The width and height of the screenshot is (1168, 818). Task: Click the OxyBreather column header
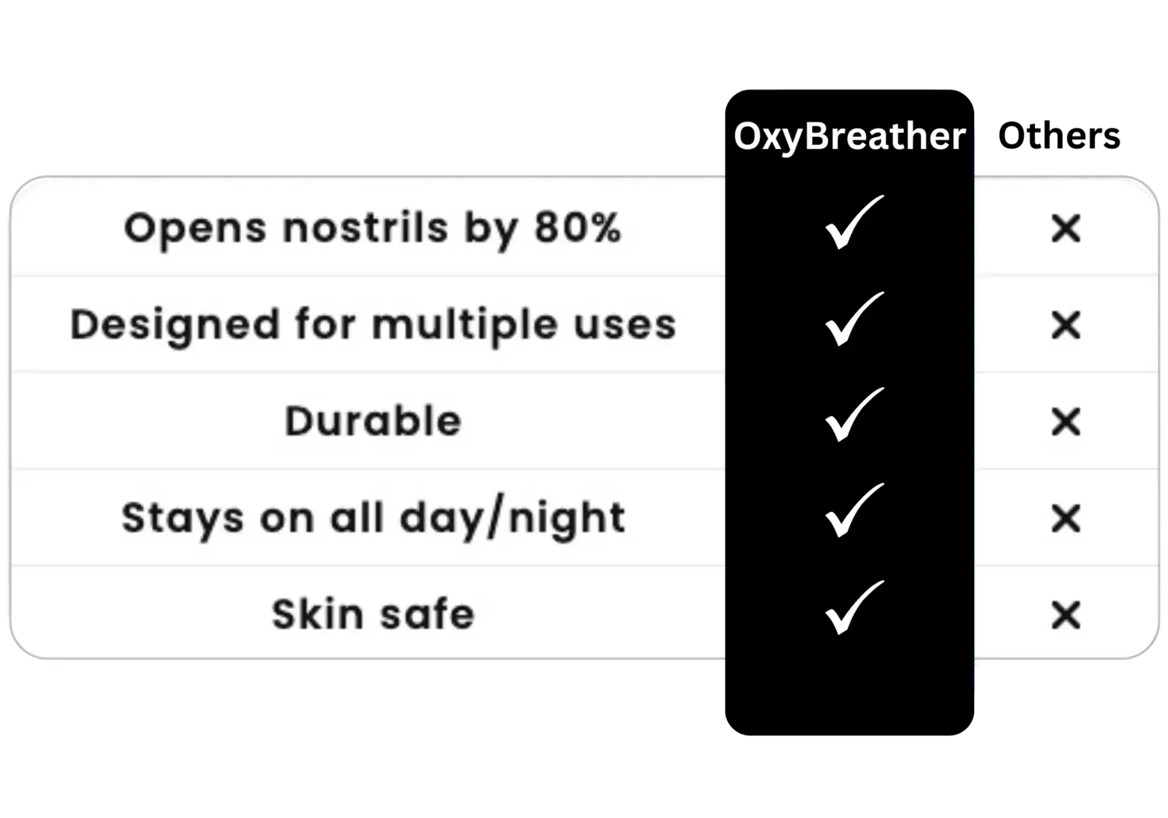[x=850, y=136]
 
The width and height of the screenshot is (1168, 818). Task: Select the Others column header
[x=1059, y=136]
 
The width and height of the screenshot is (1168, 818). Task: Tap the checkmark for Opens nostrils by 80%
[x=853, y=223]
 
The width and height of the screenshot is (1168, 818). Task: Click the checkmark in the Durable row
[x=853, y=415]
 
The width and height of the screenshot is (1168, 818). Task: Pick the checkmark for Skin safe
[x=853, y=608]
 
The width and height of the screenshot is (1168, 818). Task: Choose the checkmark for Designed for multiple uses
[x=853, y=319]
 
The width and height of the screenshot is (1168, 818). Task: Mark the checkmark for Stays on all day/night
[x=853, y=511]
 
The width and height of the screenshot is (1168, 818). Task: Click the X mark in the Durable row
[x=1066, y=421]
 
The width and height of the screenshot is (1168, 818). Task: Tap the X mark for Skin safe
[x=1066, y=615]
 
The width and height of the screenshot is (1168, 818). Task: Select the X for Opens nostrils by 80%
[x=1066, y=228]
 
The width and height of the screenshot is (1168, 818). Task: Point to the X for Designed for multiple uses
[x=1066, y=325]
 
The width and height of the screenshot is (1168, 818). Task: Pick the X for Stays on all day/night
[x=1066, y=518]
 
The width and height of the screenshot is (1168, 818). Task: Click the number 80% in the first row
[x=578, y=227]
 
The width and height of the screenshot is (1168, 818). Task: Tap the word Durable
[x=373, y=421]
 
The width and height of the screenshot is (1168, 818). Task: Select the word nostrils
[x=365, y=227]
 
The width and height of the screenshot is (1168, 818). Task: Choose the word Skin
[x=318, y=614]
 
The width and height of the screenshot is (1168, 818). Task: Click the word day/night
[x=512, y=518]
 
